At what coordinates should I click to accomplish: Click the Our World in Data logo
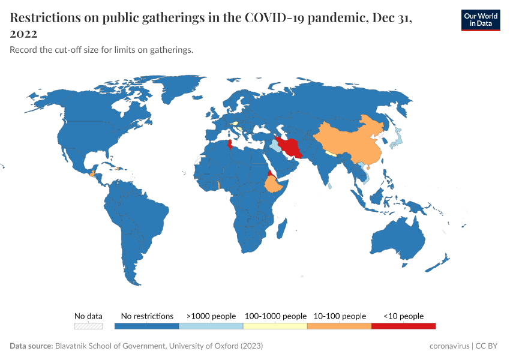pyautogui.click(x=480, y=19)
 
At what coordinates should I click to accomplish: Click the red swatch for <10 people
pyautogui.click(x=403, y=326)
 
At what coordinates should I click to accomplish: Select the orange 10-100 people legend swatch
pyautogui.click(x=339, y=326)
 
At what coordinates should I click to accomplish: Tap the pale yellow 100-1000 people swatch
pyautogui.click(x=275, y=326)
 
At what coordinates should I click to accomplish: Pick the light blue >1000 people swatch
pyautogui.click(x=211, y=326)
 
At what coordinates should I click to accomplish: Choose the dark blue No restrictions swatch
pyautogui.click(x=146, y=326)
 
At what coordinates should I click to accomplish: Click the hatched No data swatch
pyautogui.click(x=88, y=326)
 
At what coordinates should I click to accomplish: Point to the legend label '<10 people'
pyautogui.click(x=403, y=316)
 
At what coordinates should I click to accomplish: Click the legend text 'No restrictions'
pyautogui.click(x=147, y=316)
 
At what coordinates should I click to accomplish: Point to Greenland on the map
pyautogui.click(x=180, y=93)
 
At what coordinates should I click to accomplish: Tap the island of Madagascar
pyautogui.click(x=281, y=229)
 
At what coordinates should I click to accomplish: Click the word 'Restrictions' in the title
pyautogui.click(x=46, y=18)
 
